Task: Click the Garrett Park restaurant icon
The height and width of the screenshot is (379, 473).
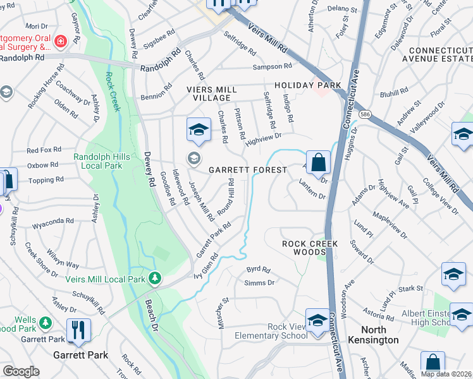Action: point(78,330)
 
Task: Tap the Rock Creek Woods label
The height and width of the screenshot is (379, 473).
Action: point(310,248)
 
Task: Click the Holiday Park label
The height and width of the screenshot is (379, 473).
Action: point(307,85)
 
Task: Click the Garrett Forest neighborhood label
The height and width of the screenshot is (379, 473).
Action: point(248,171)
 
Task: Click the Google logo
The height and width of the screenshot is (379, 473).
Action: point(21,371)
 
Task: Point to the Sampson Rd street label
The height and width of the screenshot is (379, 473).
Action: point(272,66)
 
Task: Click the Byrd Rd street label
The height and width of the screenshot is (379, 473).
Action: point(258,269)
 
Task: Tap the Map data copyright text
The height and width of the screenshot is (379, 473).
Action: point(445,374)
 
